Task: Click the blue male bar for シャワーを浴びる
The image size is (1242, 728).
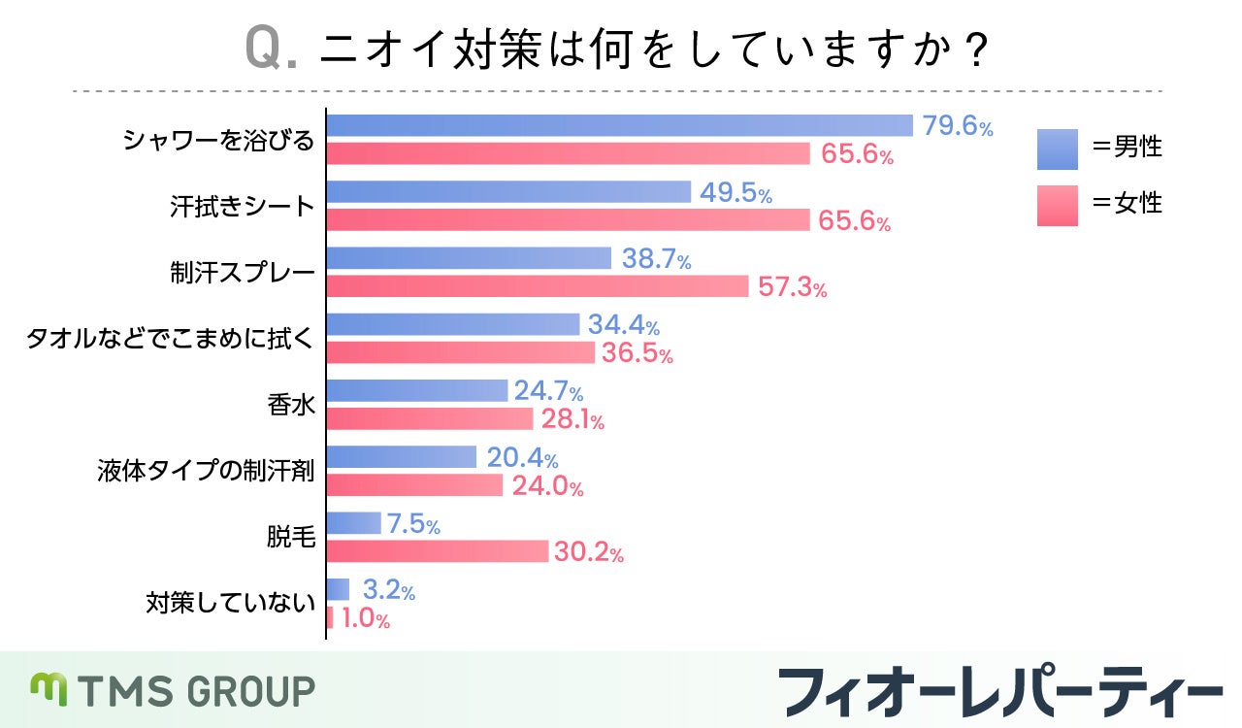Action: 619,126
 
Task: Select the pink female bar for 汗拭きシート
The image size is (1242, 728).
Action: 568,220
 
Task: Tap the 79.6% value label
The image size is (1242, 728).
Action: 957,127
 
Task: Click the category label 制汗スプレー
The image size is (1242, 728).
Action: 243,273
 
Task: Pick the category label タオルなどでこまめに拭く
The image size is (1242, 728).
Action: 171,339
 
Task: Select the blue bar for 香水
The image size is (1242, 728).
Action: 417,390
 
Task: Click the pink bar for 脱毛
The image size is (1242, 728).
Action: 438,551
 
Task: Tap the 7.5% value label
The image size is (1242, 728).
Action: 413,525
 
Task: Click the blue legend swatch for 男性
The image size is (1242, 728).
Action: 1057,149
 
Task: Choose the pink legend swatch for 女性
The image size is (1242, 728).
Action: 1057,205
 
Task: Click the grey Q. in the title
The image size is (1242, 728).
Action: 272,48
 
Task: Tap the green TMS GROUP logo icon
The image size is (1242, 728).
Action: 48,689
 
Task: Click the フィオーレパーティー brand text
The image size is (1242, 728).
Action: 1000,691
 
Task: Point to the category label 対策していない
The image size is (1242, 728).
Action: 231,603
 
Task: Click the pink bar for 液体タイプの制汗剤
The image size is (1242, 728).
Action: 414,484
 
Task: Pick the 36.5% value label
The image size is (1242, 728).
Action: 637,353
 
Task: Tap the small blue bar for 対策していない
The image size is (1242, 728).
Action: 338,589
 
